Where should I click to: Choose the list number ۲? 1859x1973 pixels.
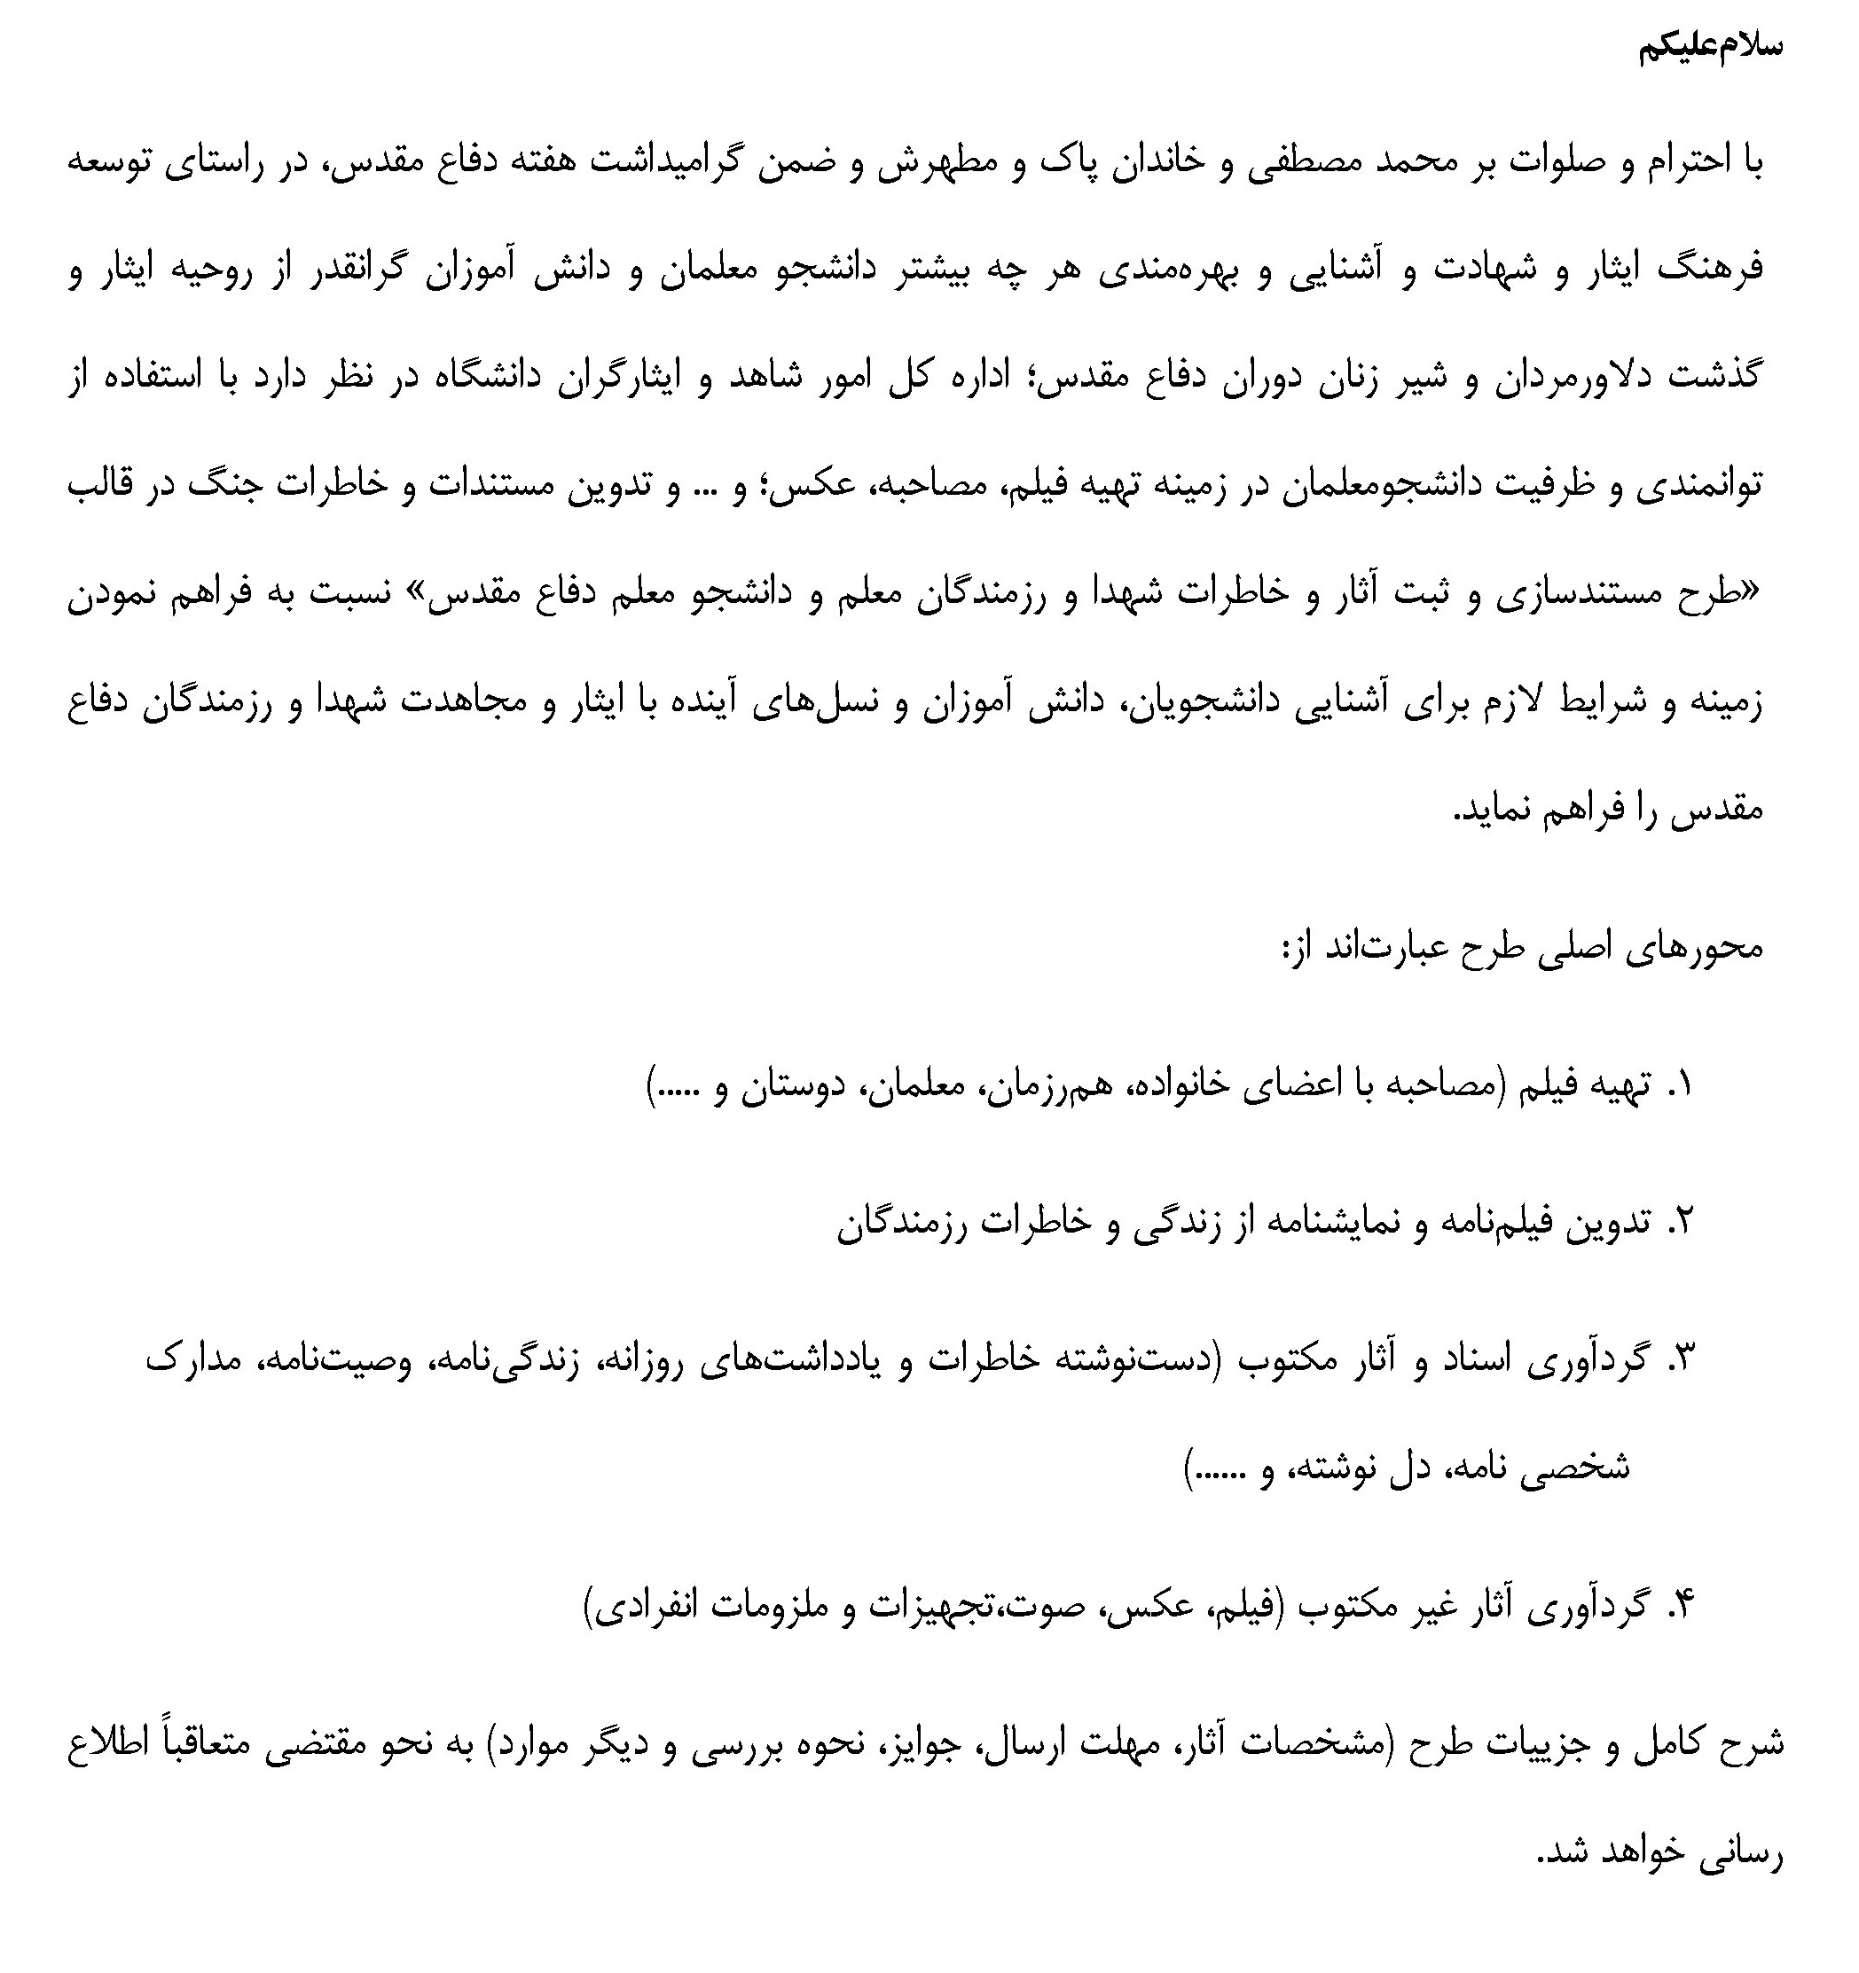[1679, 1223]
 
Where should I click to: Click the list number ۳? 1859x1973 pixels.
[1679, 1358]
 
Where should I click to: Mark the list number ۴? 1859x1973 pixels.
[1679, 1604]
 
